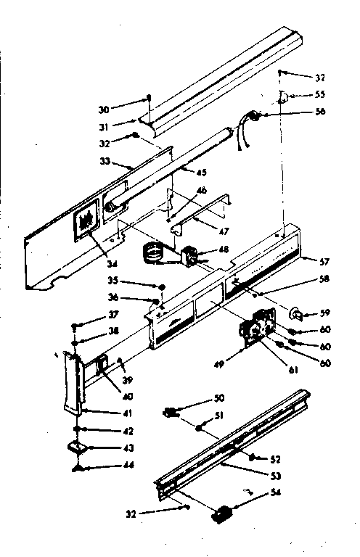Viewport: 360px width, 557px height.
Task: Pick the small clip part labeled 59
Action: tap(297, 314)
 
